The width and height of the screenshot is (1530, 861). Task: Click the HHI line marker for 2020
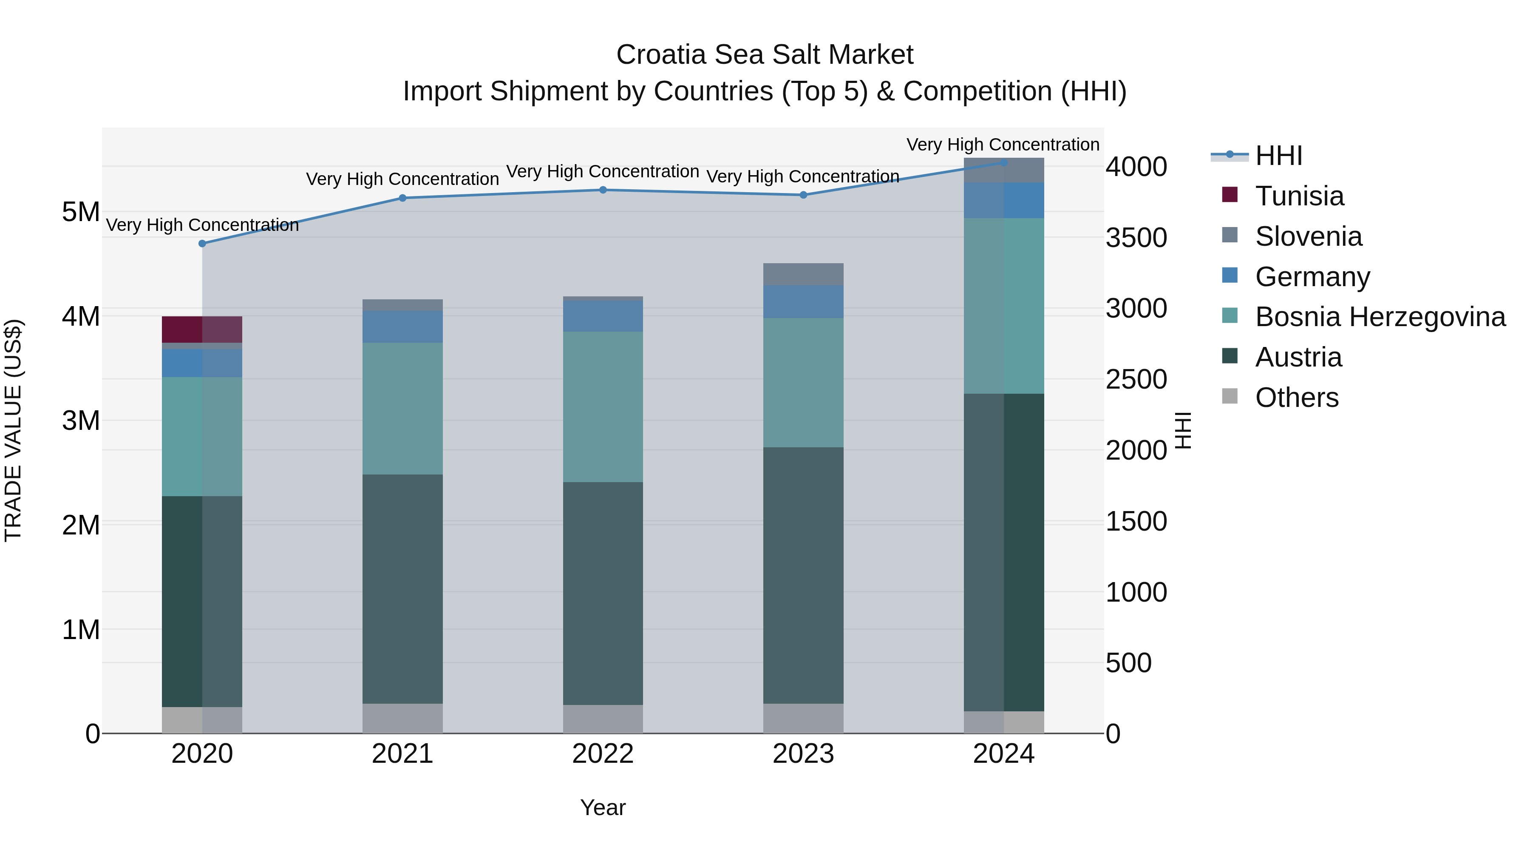point(202,244)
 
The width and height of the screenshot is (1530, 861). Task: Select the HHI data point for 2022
point(603,190)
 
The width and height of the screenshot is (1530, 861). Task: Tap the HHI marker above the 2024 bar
point(1004,162)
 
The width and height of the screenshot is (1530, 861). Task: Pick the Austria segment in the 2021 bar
point(403,588)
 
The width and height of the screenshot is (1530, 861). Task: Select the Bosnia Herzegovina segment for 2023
point(803,383)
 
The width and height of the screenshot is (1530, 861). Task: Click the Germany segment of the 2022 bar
point(603,316)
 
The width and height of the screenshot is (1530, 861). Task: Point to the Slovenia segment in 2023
point(803,275)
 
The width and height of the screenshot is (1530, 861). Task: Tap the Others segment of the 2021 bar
point(403,719)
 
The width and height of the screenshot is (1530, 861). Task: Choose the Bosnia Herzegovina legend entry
point(1380,317)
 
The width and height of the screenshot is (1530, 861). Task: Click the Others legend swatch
point(1230,396)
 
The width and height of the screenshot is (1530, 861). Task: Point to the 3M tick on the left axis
point(81,421)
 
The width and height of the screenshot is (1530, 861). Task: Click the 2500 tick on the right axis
point(1136,380)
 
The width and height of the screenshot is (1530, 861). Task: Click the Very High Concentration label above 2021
point(403,179)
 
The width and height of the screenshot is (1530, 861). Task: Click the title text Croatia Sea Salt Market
point(765,55)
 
